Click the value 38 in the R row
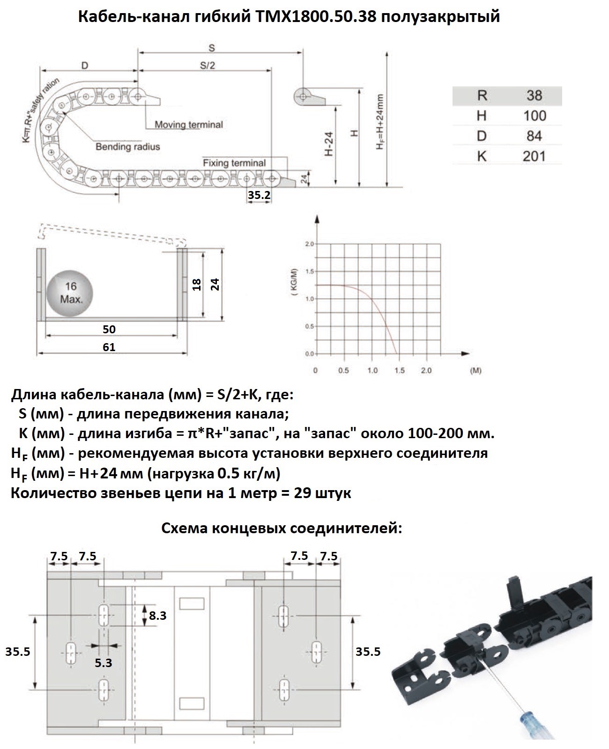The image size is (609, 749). [x=534, y=95]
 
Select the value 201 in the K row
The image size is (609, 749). [x=534, y=156]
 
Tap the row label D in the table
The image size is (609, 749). [x=482, y=136]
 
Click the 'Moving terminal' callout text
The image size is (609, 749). [x=188, y=125]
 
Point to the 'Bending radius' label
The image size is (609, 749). [x=127, y=147]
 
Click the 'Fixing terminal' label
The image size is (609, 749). [x=234, y=163]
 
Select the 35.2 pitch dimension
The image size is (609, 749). [x=259, y=195]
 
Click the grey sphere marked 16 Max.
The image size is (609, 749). [x=70, y=293]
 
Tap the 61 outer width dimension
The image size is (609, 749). [x=109, y=347]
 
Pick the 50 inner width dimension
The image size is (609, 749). [x=109, y=329]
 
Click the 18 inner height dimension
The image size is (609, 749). [x=197, y=284]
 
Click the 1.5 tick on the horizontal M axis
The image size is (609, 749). [x=399, y=370]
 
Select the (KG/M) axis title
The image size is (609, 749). [x=294, y=283]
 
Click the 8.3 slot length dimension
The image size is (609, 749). [x=157, y=615]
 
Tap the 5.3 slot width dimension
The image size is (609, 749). [x=104, y=662]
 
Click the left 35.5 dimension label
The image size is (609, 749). [x=17, y=651]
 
